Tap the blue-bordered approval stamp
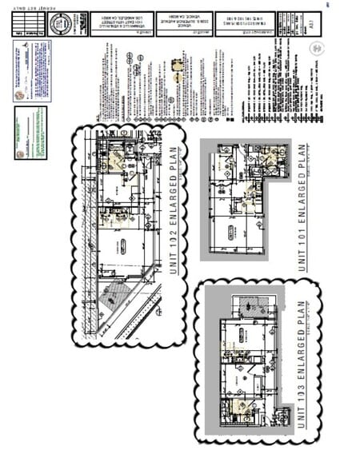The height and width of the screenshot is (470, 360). point(33,70)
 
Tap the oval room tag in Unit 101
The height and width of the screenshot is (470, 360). point(230,233)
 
